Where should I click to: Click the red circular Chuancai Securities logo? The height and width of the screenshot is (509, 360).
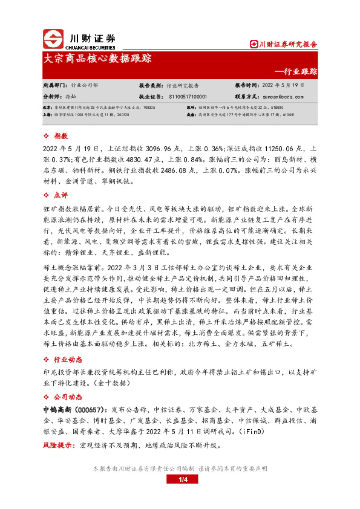click(53, 39)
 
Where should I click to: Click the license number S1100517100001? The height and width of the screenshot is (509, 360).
click(188, 96)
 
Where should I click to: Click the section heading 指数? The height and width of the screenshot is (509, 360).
click(61, 137)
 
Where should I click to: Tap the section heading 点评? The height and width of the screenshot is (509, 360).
click(61, 195)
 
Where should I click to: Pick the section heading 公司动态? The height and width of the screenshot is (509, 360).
click(67, 397)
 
